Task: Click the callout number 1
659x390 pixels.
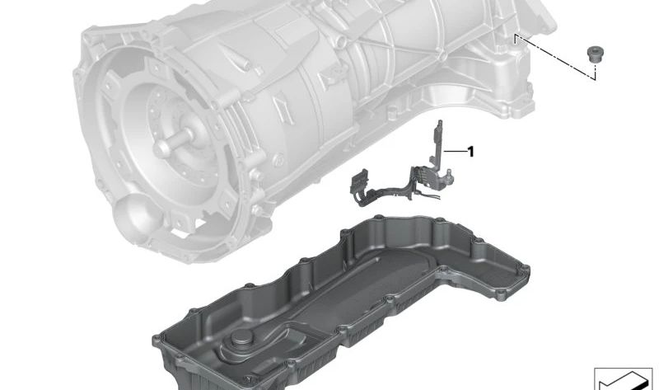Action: (470, 152)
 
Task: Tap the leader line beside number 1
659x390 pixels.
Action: (456, 151)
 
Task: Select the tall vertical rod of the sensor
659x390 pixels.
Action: (437, 142)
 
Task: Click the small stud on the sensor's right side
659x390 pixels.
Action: (449, 172)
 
